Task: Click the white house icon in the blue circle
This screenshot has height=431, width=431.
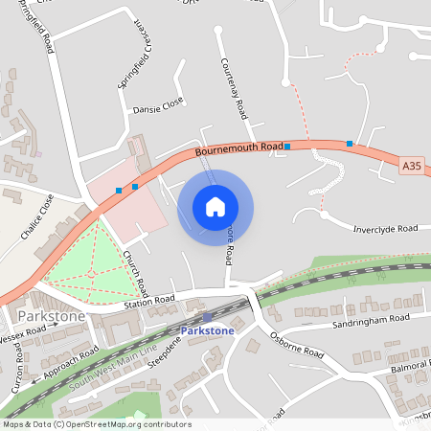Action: pyautogui.click(x=215, y=207)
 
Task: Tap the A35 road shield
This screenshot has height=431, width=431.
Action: pyautogui.click(x=411, y=166)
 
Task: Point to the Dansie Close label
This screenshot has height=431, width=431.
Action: pyautogui.click(x=158, y=106)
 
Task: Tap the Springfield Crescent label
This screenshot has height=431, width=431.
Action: pyautogui.click(x=136, y=54)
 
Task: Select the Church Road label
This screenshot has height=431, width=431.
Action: pyautogui.click(x=134, y=274)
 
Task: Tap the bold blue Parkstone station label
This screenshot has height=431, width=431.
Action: pyautogui.click(x=207, y=330)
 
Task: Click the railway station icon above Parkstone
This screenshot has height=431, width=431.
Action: pyautogui.click(x=207, y=317)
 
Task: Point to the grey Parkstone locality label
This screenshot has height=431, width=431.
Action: pyautogui.click(x=51, y=316)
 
